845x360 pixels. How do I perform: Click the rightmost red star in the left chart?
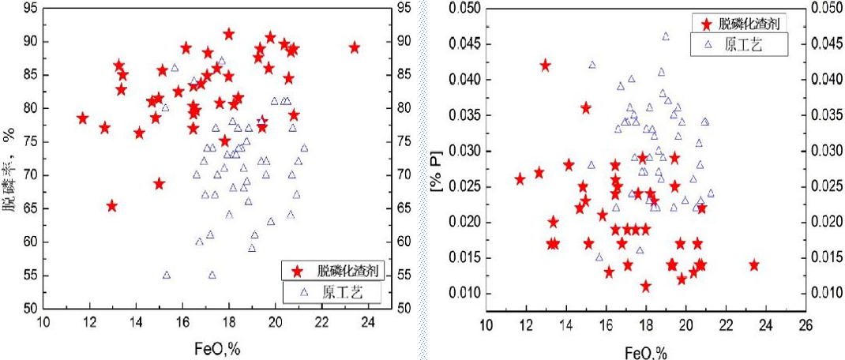click(354, 47)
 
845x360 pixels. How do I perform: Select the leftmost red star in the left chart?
click(82, 118)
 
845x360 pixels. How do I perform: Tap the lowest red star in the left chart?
click(112, 206)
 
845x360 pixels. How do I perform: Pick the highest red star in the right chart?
click(545, 66)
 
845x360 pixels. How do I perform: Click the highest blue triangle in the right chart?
click(666, 36)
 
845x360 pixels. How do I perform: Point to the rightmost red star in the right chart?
click(754, 265)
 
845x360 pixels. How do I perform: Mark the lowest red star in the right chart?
click(646, 286)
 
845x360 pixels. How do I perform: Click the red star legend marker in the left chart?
click(297, 271)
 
